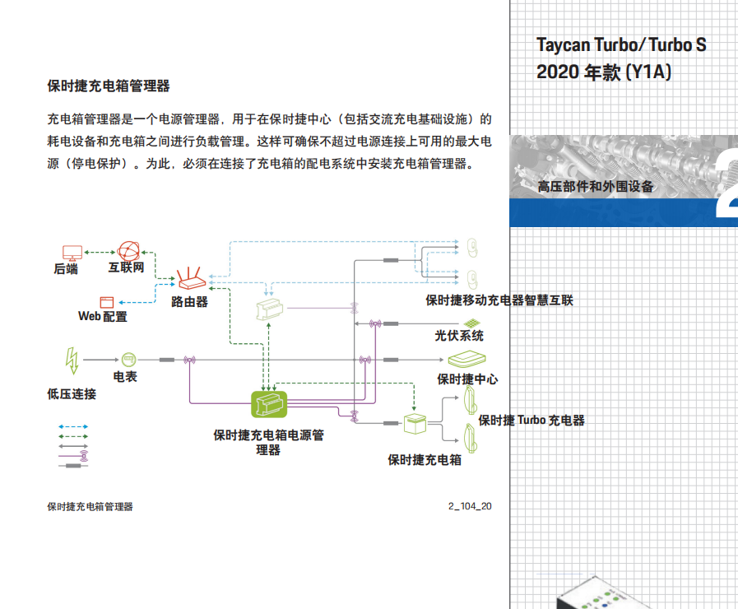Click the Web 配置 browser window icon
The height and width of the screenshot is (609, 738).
click(106, 301)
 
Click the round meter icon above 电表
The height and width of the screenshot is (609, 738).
click(128, 360)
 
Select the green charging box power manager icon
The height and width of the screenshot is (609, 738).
click(268, 404)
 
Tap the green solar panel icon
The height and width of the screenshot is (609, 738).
click(470, 322)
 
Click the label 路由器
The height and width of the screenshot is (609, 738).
click(189, 302)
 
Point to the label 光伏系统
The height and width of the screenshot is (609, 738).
click(459, 336)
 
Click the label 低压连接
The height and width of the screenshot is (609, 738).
click(72, 394)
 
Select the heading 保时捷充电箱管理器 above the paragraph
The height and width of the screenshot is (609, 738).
click(109, 86)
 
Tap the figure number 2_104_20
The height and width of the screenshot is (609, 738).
click(470, 506)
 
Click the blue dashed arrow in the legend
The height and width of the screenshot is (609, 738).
click(73, 428)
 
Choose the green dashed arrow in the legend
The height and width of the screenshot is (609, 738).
click(73, 437)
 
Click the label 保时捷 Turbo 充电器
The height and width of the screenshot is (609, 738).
click(531, 421)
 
